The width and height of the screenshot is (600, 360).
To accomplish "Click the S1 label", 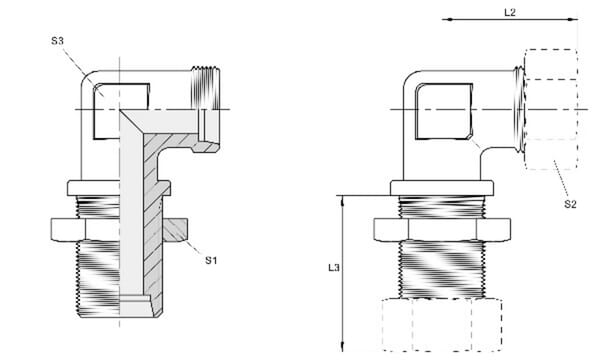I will pyautogui.click(x=211, y=261).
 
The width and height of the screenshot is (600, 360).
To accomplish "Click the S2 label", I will pyautogui.click(x=570, y=205).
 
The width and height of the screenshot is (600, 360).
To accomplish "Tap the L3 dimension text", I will pyautogui.click(x=333, y=269).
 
